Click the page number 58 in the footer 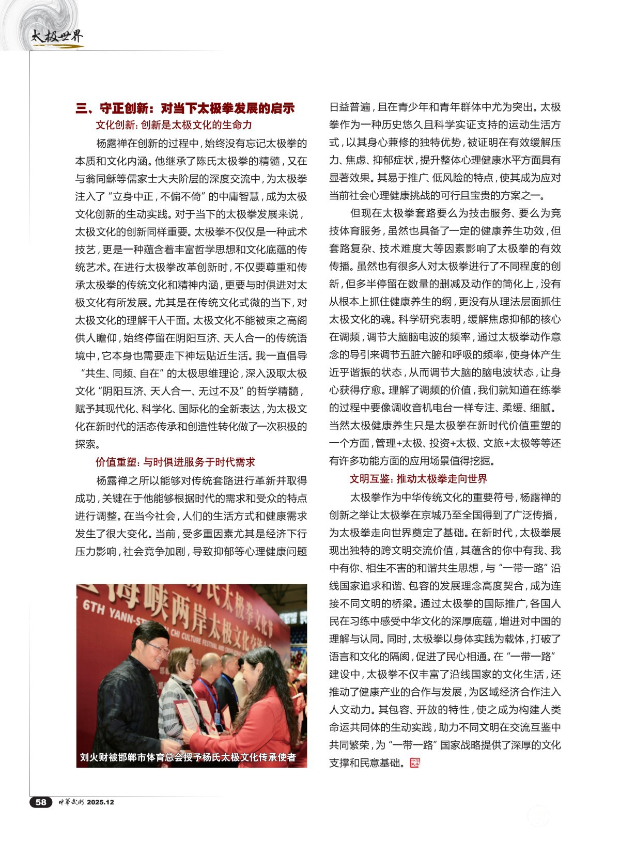click(x=41, y=802)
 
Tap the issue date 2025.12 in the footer click(x=100, y=802)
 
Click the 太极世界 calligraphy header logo click(x=56, y=37)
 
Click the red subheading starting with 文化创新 click(x=174, y=125)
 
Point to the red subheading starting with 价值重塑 click(x=175, y=462)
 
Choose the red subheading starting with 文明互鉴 click(x=418, y=479)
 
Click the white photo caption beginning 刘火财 click(x=188, y=757)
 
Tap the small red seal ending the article click(x=414, y=762)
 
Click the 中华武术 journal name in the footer click(x=70, y=802)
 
